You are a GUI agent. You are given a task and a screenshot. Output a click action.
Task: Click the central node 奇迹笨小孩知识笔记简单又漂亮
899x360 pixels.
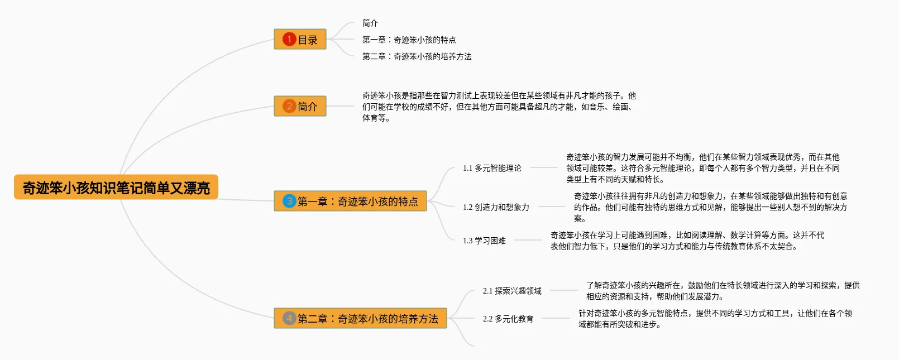116,188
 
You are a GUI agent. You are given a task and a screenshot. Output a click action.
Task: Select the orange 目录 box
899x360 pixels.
300,39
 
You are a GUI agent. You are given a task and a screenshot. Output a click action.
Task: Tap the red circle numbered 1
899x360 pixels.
289,39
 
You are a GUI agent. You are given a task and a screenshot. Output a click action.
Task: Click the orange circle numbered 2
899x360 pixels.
289,106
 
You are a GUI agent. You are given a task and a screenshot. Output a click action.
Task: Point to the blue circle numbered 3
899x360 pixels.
289,201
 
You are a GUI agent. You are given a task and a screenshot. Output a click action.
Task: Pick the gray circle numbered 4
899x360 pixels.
289,318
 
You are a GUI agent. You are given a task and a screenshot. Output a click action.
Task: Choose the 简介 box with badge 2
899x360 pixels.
300,106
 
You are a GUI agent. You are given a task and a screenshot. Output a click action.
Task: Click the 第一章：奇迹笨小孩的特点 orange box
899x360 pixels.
350,201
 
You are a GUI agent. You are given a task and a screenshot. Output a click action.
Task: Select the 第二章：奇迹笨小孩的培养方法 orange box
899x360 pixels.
360,318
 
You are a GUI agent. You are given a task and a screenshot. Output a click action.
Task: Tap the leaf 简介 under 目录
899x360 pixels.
370,23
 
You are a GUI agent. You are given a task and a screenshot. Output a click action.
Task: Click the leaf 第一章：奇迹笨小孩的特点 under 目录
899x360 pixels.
409,40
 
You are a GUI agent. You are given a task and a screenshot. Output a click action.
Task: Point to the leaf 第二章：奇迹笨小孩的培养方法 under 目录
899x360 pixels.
417,56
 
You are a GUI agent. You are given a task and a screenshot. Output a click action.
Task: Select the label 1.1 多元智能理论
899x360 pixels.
492,168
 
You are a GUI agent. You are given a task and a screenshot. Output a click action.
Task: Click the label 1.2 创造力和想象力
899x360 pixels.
496,207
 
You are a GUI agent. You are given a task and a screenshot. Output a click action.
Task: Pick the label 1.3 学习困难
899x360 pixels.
484,241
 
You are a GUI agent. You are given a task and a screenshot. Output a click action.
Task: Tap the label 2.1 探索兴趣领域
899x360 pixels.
512,291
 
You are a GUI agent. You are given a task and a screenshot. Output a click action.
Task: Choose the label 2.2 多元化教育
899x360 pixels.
508,319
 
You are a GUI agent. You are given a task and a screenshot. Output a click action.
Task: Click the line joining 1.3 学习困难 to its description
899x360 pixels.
528,241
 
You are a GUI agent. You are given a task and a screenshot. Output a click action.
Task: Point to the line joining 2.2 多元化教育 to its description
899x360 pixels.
556,318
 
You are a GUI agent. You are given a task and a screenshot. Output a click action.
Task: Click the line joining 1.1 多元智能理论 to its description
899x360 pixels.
544,167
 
